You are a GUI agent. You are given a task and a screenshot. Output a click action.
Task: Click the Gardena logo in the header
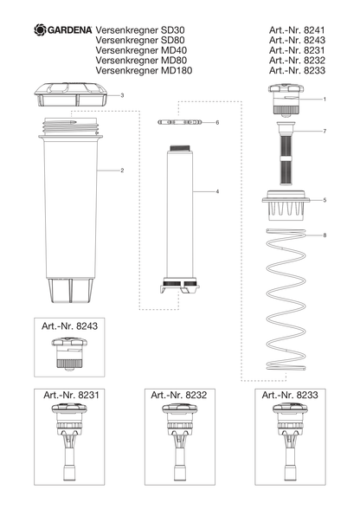click(x=63, y=29)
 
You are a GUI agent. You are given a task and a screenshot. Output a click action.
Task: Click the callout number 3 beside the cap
click(x=122, y=95)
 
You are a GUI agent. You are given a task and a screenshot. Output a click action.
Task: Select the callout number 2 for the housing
click(x=122, y=171)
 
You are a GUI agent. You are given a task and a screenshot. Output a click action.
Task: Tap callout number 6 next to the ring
click(x=217, y=122)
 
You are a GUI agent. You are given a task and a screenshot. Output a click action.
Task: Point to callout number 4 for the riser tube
click(x=217, y=191)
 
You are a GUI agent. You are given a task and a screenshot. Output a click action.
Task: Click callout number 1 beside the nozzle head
click(x=325, y=99)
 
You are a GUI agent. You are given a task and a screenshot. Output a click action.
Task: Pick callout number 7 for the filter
click(x=325, y=132)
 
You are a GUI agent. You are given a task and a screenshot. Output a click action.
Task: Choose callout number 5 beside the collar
click(x=325, y=200)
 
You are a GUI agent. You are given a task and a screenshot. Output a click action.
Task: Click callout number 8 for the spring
click(x=325, y=235)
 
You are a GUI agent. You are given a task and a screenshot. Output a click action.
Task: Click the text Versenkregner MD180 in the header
click(x=144, y=70)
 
